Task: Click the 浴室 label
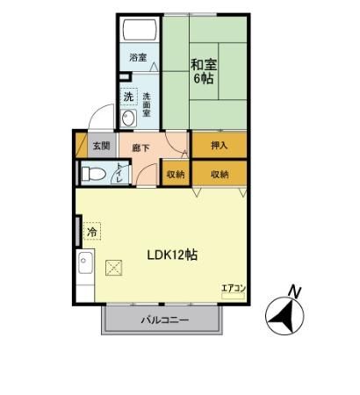[x=138, y=58]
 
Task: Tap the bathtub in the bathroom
[x=140, y=32]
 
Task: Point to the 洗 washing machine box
[x=128, y=96]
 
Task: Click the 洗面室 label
[x=147, y=105]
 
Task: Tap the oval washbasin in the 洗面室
[x=129, y=118]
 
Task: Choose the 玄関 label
[x=99, y=147]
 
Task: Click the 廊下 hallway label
[x=140, y=147]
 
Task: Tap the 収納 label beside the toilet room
[x=175, y=174]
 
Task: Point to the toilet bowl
[x=93, y=174]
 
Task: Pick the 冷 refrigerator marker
[x=92, y=232]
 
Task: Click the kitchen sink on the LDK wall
[x=86, y=263]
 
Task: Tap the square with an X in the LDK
[x=113, y=269]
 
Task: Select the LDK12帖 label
[x=172, y=255]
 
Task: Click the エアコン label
[x=232, y=287]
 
